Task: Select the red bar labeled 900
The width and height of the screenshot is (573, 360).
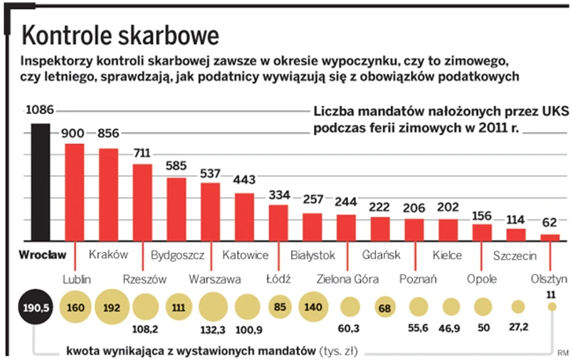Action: [x=74, y=192]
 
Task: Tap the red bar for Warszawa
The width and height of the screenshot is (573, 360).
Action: [x=210, y=212]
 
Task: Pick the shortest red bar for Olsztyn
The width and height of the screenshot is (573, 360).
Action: [x=550, y=238]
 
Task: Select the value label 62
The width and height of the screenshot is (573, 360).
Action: [x=550, y=223]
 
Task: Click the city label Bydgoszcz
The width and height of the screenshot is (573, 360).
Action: [x=178, y=255]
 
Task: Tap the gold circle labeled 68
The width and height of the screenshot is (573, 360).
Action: [x=384, y=307]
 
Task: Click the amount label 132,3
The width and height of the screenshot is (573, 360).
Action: [x=214, y=330]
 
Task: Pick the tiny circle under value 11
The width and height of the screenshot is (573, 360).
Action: [x=551, y=307]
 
